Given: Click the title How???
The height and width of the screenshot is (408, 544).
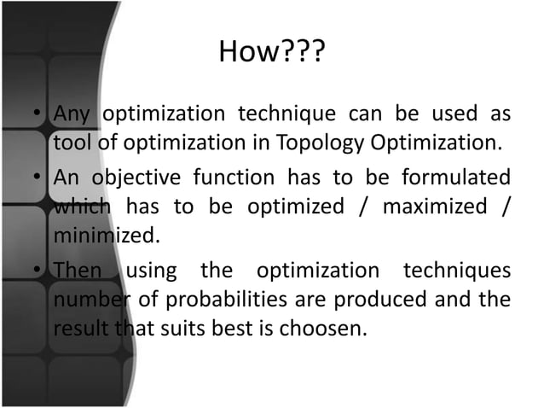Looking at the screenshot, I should coord(271,54).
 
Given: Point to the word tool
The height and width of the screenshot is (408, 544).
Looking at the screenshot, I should coord(72,140).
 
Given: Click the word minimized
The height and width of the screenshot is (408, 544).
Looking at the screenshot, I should coord(106,232).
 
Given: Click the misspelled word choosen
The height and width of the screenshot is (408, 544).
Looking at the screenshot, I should coord(318,324).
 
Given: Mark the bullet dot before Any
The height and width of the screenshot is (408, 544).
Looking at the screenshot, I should coord(39,115).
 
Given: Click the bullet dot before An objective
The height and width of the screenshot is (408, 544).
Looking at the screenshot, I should coord(39,180).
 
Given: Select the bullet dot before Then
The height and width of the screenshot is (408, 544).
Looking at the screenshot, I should coord(39,272).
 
